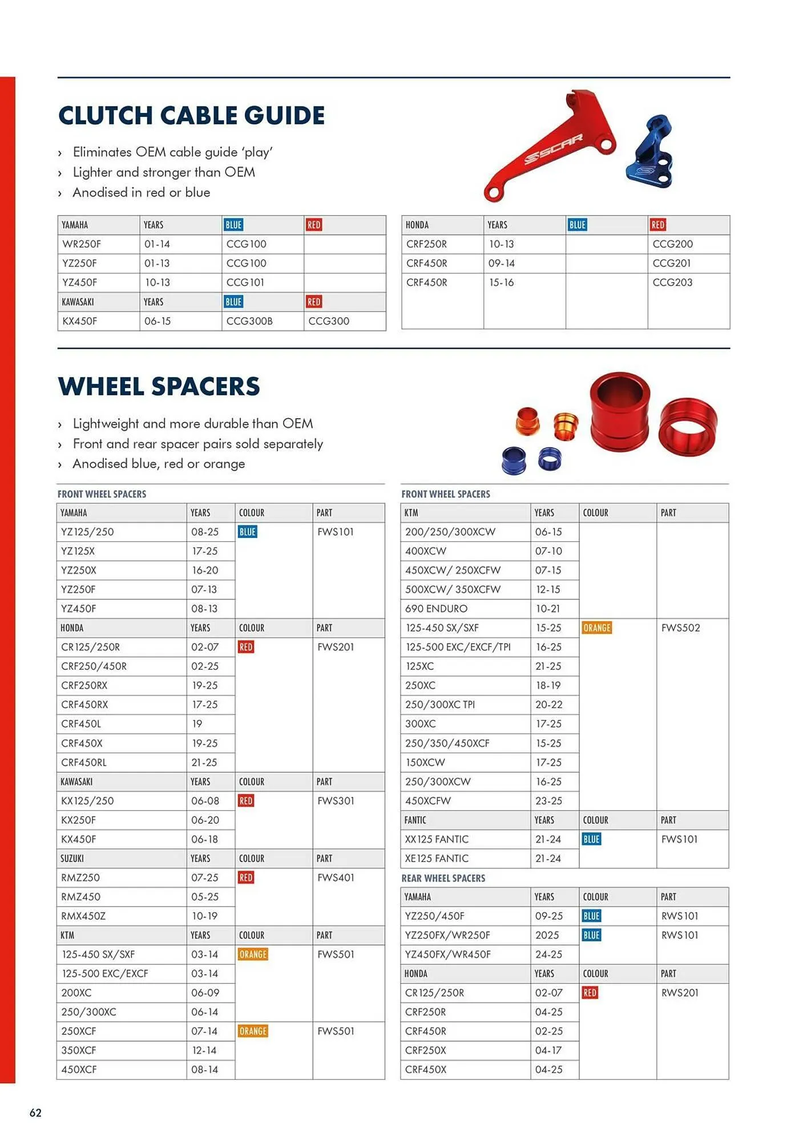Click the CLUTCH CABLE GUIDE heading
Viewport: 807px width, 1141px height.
pyautogui.click(x=191, y=116)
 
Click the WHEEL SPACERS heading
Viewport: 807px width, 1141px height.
pyautogui.click(x=159, y=387)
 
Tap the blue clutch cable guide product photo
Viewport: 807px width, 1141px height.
pyautogui.click(x=652, y=152)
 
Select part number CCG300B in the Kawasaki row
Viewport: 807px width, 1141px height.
pyautogui.click(x=249, y=321)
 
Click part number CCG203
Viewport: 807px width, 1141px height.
pyautogui.click(x=672, y=282)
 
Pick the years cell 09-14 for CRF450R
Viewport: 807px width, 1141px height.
pyautogui.click(x=501, y=263)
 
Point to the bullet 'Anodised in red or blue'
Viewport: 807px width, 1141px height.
pyautogui.click(x=141, y=193)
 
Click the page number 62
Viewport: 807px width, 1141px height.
pyautogui.click(x=35, y=1112)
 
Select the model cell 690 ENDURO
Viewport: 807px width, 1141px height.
pyautogui.click(x=436, y=609)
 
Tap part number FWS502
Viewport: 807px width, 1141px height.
pyautogui.click(x=680, y=628)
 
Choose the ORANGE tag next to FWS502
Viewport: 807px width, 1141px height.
pyautogui.click(x=596, y=628)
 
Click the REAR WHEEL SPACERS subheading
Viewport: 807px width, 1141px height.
pyautogui.click(x=443, y=879)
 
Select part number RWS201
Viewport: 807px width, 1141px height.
pyautogui.click(x=680, y=993)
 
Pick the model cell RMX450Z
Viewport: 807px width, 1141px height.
pyautogui.click(x=83, y=916)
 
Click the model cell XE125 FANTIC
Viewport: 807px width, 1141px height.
pyautogui.click(x=437, y=859)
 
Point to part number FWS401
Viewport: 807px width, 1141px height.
pyautogui.click(x=336, y=878)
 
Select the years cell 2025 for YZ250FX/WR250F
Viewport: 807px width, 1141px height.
pyautogui.click(x=547, y=935)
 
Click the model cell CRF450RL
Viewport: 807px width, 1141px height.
pyautogui.click(x=84, y=763)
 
